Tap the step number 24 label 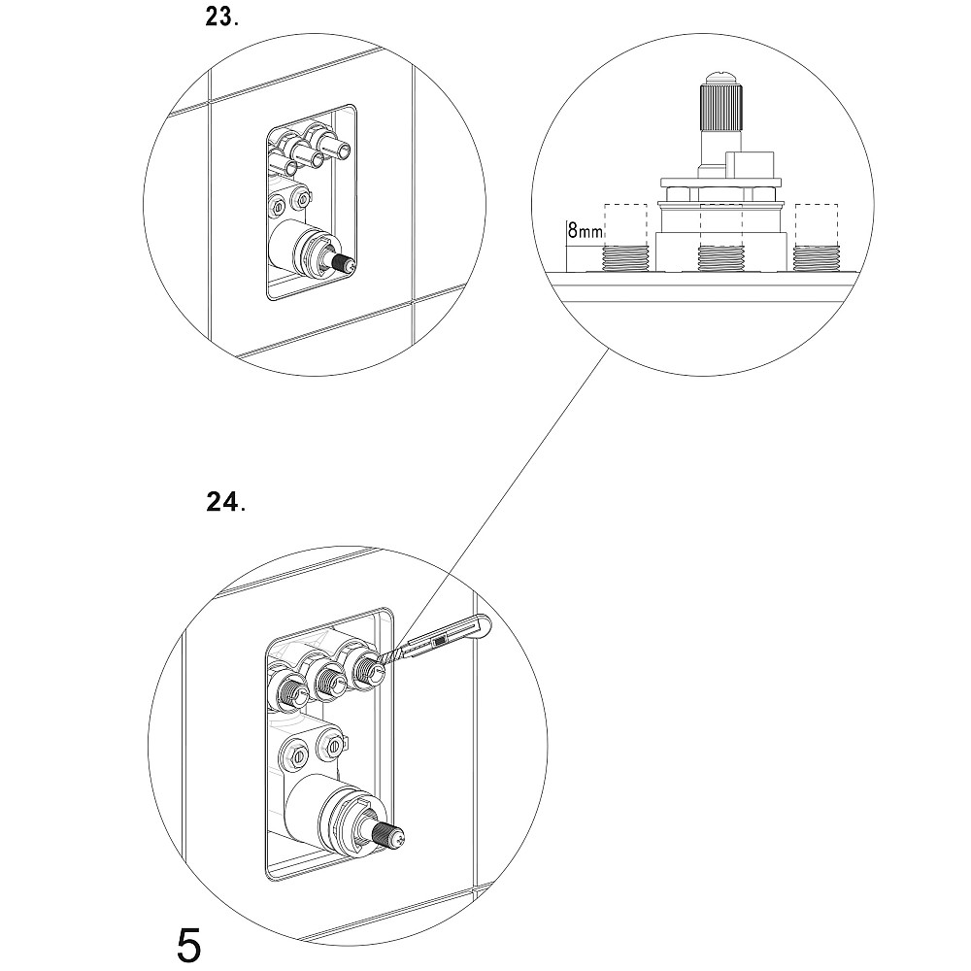(224, 503)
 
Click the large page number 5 (189, 944)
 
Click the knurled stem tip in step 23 (344, 261)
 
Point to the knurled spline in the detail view (720, 107)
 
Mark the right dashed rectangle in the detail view (815, 223)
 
